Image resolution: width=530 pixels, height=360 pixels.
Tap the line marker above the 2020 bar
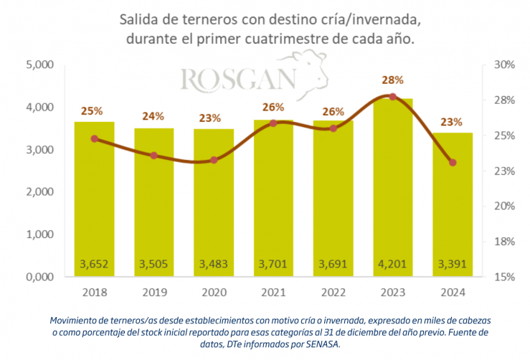pyautogui.click(x=213, y=160)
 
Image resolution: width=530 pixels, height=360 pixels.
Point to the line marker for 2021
pyautogui.click(x=273, y=123)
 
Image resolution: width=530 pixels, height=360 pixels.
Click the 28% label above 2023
pyautogui.click(x=392, y=80)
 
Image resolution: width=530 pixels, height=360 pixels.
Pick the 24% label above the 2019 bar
pyautogui.click(x=153, y=115)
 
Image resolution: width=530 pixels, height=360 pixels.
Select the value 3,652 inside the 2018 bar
pyautogui.click(x=94, y=264)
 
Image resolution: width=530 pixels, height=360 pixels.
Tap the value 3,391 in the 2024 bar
pyautogui.click(x=452, y=264)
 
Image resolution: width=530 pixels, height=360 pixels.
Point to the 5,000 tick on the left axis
pyautogui.click(x=40, y=65)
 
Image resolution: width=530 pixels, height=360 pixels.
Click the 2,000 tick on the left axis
pyautogui.click(x=40, y=192)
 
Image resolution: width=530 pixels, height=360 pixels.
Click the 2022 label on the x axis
pyautogui.click(x=332, y=293)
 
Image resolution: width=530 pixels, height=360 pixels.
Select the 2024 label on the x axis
pyautogui.click(x=452, y=293)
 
